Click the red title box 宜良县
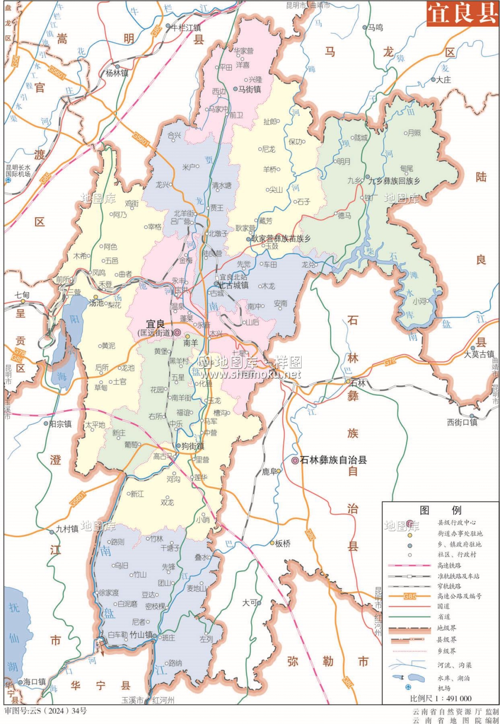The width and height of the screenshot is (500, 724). point(462,13)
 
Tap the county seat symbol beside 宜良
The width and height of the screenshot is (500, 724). point(177,333)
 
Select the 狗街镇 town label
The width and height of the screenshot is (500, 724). point(193,446)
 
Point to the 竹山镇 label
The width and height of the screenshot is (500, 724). point(141,635)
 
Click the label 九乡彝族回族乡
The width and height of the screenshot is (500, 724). point(394,181)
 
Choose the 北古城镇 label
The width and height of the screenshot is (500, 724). point(234,285)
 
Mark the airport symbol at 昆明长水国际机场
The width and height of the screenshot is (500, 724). point(8,180)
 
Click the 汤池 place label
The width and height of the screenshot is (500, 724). point(97,303)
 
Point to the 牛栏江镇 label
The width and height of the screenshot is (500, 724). point(186,28)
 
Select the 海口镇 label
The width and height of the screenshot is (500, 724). point(34,682)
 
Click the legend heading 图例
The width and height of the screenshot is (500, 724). point(440,510)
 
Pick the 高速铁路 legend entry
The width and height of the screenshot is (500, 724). point(449,565)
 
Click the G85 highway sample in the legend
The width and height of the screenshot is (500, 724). point(409,596)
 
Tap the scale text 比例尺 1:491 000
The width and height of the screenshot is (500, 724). point(441,698)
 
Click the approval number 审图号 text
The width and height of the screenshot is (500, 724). point(46,711)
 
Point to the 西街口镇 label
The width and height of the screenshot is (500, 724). point(462,422)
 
